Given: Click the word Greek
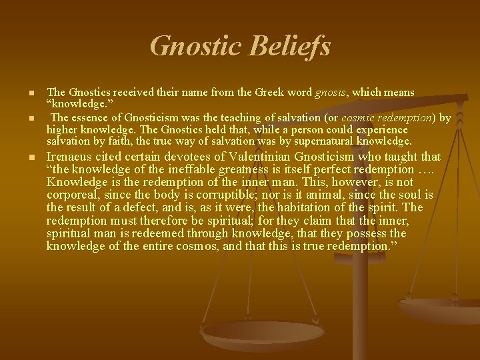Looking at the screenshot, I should pyautogui.click(x=218, y=92).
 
